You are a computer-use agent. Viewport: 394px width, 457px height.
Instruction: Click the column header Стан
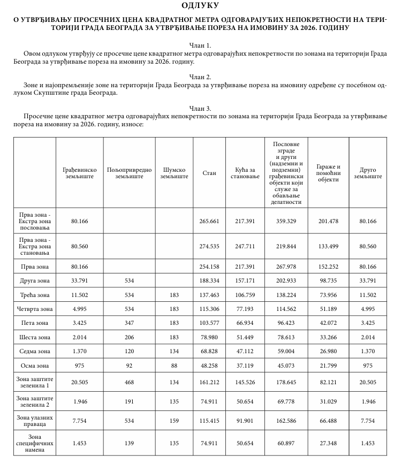tap(209, 173)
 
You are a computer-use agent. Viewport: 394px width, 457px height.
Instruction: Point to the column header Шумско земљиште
tap(174, 173)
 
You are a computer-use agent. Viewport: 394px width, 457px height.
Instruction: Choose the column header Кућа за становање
tap(244, 173)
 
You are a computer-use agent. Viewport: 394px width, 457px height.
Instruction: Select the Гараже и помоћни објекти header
tap(328, 173)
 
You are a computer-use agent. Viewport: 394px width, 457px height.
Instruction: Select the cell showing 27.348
tap(328, 443)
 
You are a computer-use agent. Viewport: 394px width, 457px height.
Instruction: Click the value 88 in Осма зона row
tap(174, 365)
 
